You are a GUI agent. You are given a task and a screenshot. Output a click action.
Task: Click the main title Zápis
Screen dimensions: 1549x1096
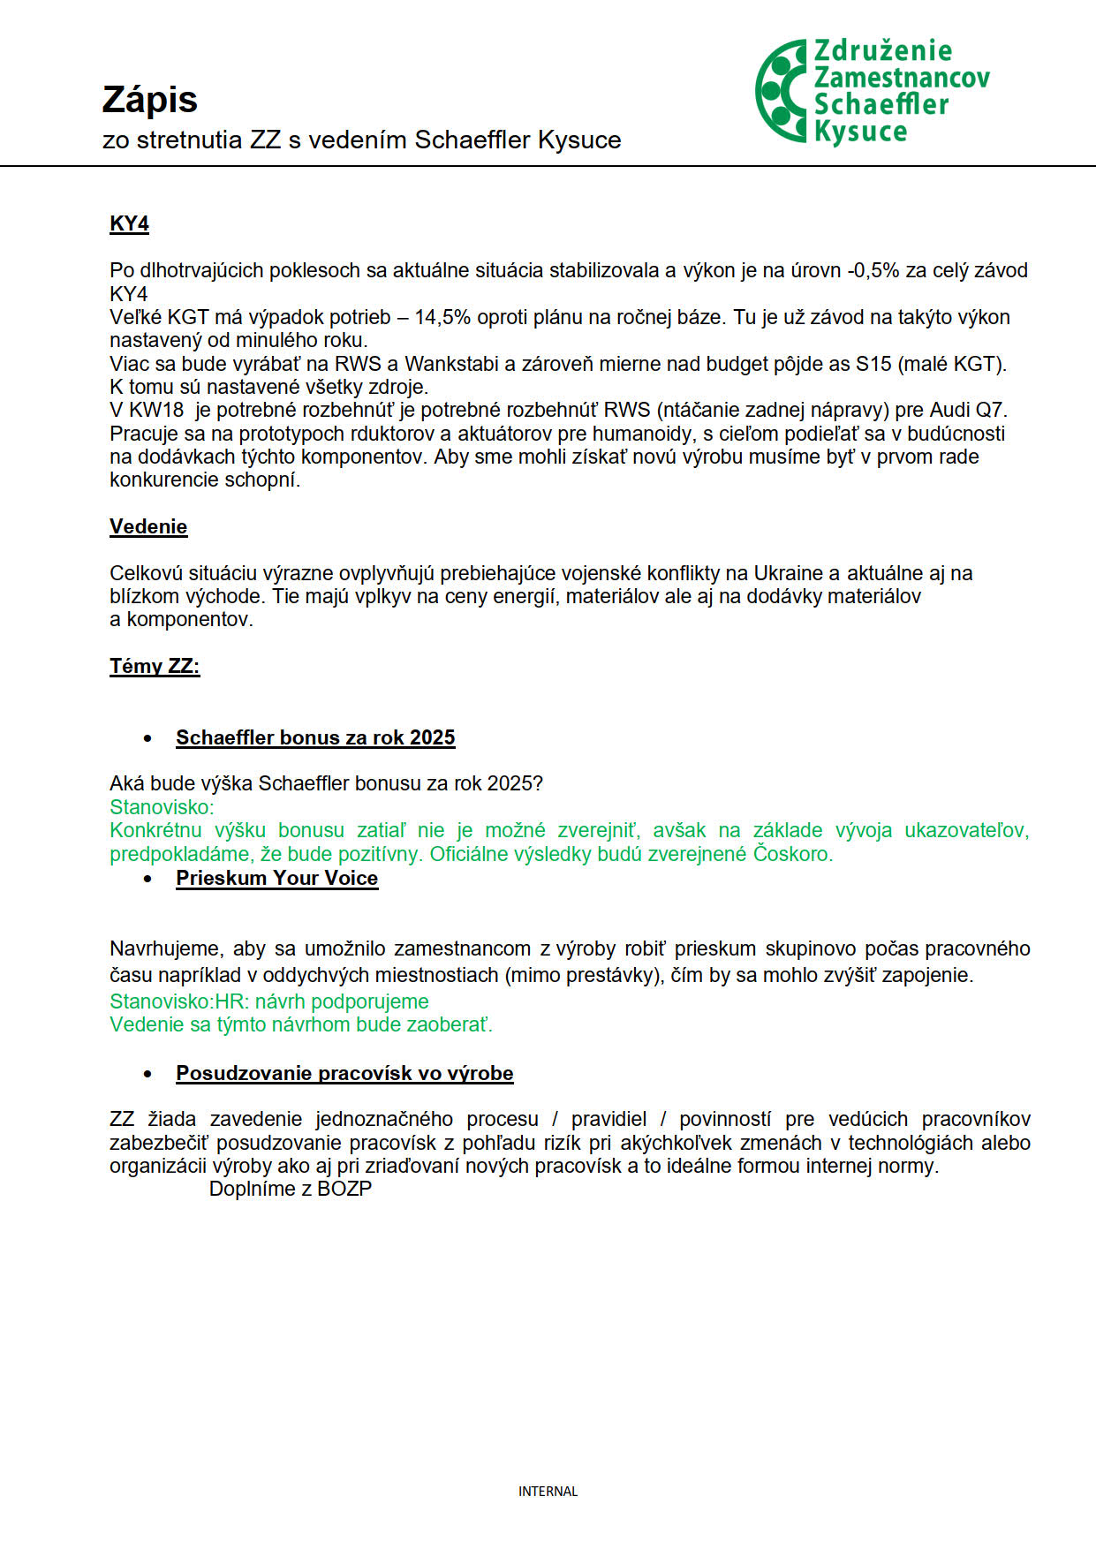149,100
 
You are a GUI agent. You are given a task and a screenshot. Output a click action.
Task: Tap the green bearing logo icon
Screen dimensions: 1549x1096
781,90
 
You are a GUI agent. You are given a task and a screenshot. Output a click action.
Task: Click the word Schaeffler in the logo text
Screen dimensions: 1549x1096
881,104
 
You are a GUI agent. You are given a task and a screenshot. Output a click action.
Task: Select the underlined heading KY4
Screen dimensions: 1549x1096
129,223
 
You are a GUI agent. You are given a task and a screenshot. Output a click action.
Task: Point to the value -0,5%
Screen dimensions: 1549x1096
873,270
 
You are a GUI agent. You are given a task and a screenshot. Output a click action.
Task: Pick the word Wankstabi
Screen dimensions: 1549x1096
452,364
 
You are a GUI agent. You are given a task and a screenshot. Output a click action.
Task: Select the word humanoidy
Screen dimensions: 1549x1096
650,434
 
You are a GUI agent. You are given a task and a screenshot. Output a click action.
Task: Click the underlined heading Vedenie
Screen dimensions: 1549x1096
148,526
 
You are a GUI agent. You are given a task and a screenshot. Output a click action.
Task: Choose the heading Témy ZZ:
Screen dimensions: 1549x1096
155,666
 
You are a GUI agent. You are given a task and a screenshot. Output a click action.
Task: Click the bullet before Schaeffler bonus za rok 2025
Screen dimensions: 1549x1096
147,738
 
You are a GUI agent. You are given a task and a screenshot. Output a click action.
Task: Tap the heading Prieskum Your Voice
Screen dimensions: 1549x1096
276,878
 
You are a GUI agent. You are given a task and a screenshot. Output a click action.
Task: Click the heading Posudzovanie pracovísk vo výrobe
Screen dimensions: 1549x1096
344,1073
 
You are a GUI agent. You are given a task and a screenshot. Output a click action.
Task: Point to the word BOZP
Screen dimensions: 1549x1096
344,1189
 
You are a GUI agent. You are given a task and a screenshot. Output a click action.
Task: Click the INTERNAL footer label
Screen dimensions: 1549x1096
548,1492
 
